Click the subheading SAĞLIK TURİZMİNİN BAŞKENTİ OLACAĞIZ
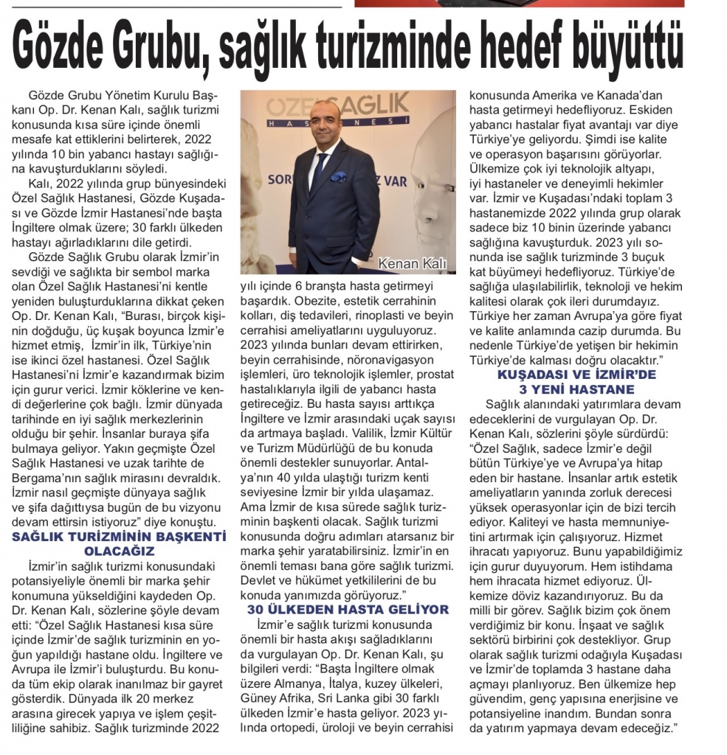coord(119,543)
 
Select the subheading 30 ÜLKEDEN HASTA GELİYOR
coord(348,609)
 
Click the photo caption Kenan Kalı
coord(415,263)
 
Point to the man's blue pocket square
coord(339,177)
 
